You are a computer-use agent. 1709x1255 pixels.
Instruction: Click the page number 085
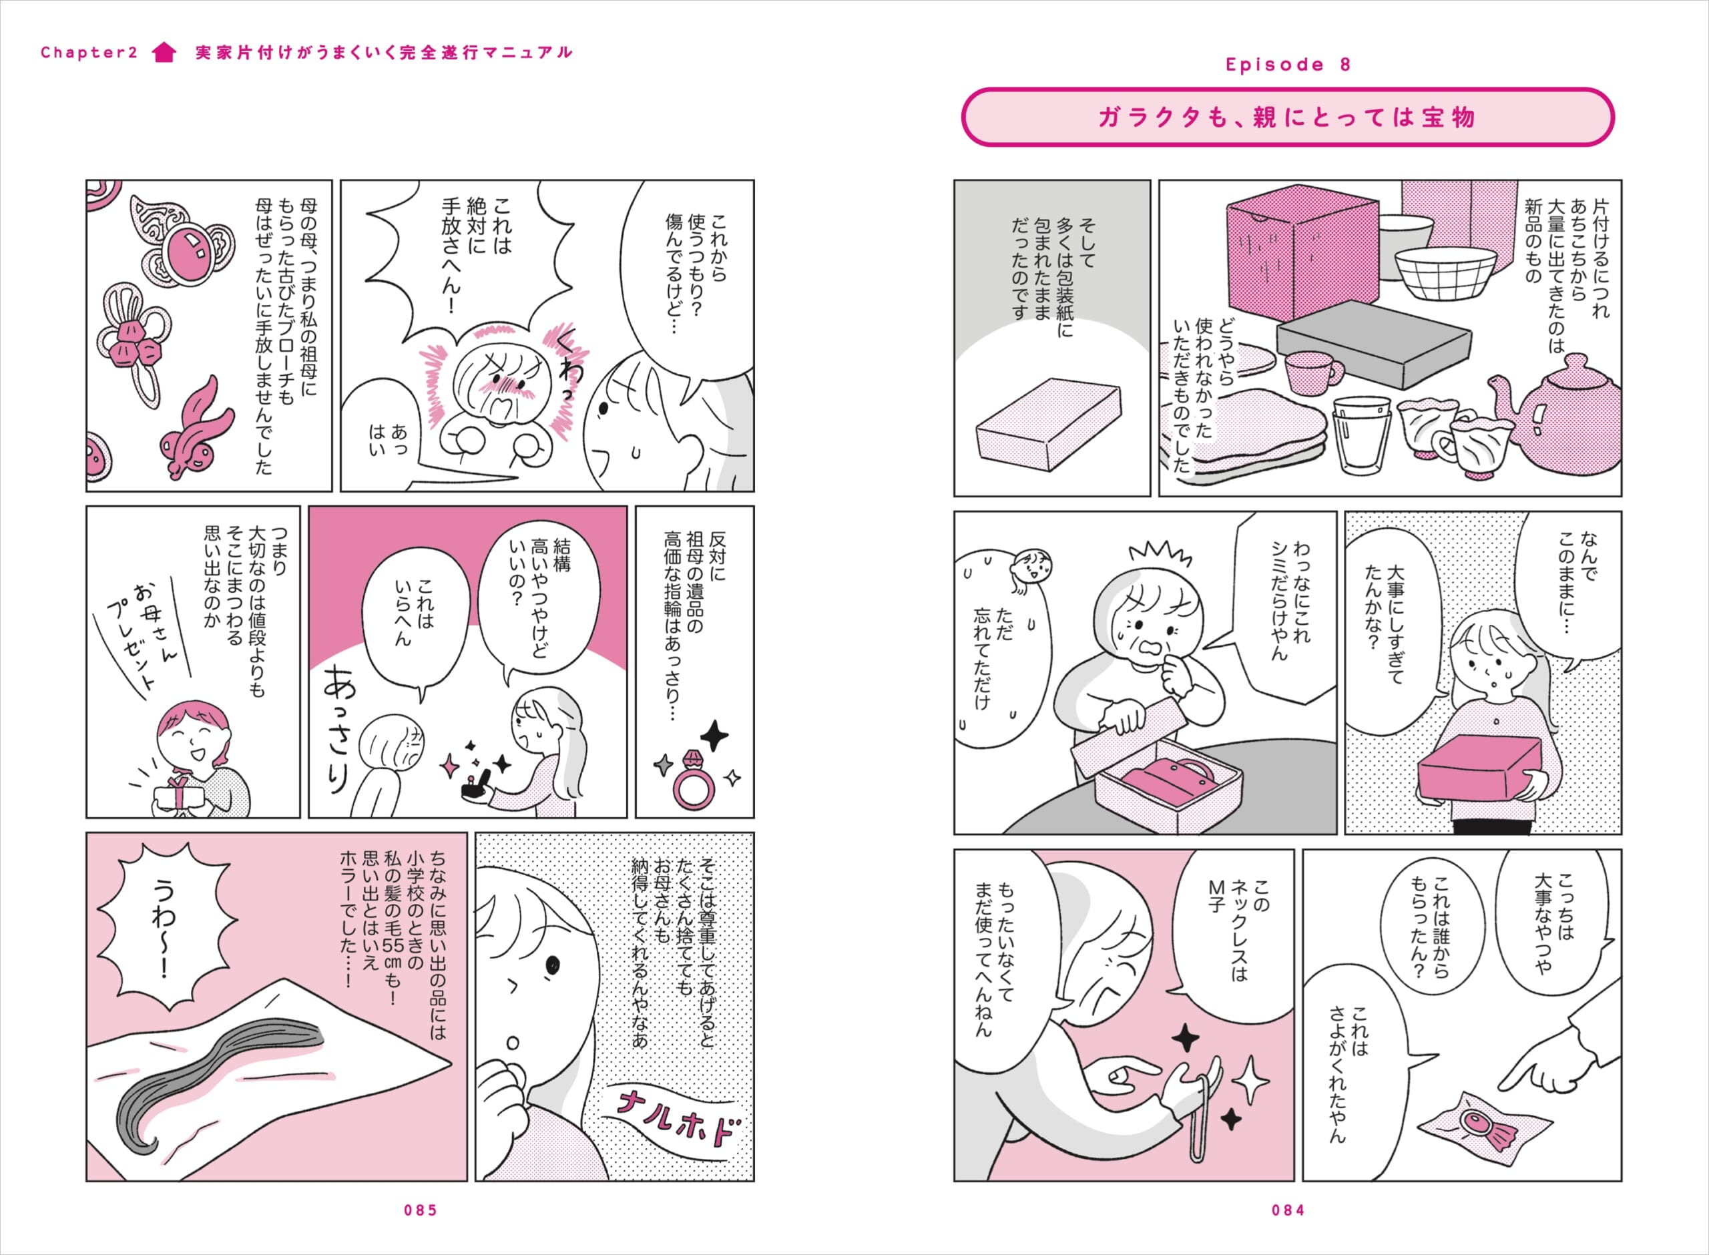click(x=421, y=1210)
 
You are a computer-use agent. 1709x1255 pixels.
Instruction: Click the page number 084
click(x=1288, y=1210)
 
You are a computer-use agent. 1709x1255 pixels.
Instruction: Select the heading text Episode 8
click(x=1288, y=65)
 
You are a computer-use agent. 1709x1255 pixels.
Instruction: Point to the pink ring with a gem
click(x=693, y=780)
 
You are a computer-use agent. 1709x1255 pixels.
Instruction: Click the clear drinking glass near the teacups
click(x=1361, y=435)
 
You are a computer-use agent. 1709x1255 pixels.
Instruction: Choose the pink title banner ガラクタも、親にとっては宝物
click(x=1288, y=117)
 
